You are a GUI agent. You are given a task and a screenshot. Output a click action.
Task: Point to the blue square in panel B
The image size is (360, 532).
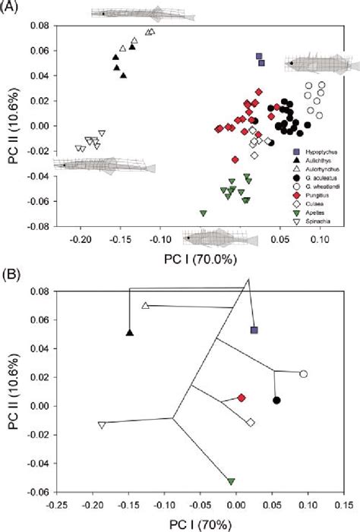pos(254,330)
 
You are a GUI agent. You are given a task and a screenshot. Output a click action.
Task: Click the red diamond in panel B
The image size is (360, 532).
pos(242,398)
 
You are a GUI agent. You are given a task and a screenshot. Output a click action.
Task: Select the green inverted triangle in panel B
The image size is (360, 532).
pos(231,481)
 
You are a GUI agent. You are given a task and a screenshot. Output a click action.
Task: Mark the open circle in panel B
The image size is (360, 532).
pos(303,374)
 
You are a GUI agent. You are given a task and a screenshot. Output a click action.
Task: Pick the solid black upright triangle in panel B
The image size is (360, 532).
pos(130,332)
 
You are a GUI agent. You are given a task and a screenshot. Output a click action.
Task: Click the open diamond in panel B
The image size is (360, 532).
pos(250,422)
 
